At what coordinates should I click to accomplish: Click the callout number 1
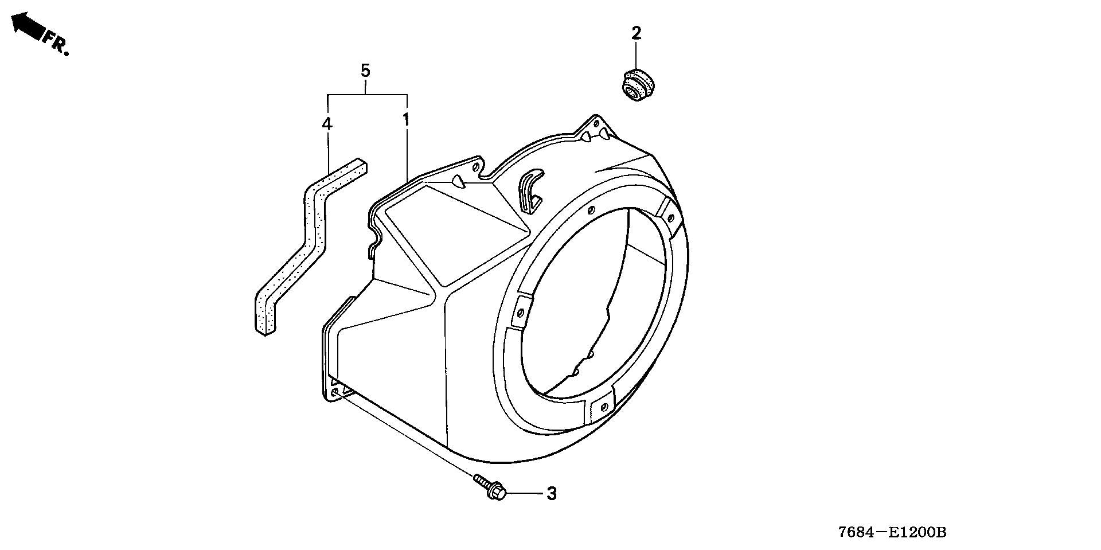pyautogui.click(x=405, y=120)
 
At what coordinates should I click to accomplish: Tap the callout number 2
pyautogui.click(x=636, y=33)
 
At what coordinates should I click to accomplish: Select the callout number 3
pyautogui.click(x=551, y=494)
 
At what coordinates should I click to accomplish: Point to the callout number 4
pyautogui.click(x=327, y=123)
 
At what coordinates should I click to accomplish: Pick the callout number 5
pyautogui.click(x=365, y=71)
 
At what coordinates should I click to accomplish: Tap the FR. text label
pyautogui.click(x=57, y=44)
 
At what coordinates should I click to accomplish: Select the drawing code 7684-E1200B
pyautogui.click(x=892, y=532)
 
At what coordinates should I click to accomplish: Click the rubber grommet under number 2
pyautogui.click(x=638, y=84)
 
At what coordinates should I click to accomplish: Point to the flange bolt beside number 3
pyautogui.click(x=490, y=486)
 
